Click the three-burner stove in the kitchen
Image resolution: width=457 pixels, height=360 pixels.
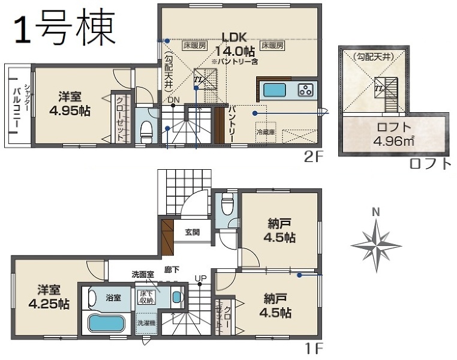306,91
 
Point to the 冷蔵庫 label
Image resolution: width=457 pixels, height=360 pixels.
264,131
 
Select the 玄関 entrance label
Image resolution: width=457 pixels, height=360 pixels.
192,232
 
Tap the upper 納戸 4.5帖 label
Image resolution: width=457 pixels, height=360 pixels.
281,230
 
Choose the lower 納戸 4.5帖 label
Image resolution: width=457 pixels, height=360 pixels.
276,305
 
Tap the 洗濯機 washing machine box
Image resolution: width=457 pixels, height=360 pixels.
145,323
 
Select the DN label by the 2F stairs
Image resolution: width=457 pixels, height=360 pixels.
173,100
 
